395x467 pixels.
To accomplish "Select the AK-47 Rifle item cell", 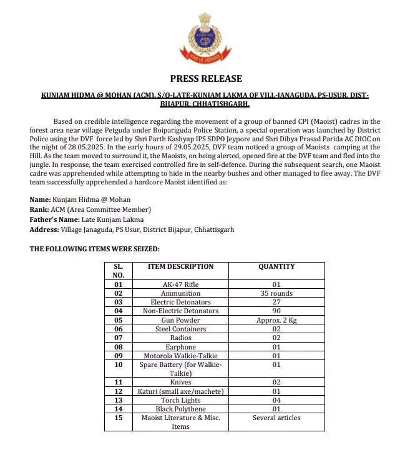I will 180,284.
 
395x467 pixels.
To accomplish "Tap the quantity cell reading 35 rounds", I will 276,293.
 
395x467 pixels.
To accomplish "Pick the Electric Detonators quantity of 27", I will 276,301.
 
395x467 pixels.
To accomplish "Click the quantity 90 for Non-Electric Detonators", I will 276,311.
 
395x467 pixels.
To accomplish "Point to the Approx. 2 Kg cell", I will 276,319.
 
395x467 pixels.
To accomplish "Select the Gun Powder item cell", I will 180,319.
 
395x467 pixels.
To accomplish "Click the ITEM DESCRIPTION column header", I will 180,267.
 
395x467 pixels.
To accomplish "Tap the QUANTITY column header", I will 276,267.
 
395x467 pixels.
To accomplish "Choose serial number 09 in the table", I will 119,356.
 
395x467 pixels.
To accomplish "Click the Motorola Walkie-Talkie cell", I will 180,356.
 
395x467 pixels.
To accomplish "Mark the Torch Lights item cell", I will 180,400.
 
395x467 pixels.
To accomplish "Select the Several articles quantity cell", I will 276,418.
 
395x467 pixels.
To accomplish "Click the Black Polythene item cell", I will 180,409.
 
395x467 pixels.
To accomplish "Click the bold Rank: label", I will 39,209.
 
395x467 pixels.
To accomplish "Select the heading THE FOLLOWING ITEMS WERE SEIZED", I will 94,249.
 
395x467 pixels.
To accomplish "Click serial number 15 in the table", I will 119,418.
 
